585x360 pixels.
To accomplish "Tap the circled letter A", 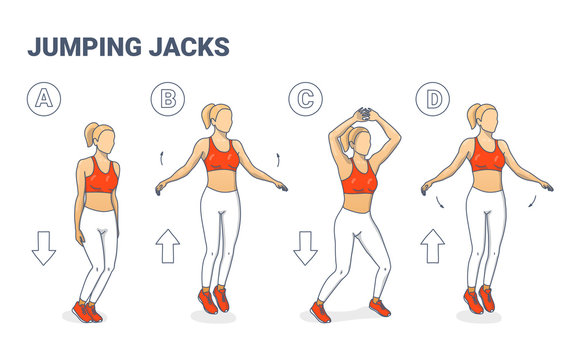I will [43, 97].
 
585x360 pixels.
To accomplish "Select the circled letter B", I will [168, 97].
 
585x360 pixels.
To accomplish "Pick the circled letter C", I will [304, 97].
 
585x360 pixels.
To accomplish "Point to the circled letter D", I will [433, 97].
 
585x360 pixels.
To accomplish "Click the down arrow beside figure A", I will [44, 247].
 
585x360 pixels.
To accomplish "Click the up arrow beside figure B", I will [168, 245].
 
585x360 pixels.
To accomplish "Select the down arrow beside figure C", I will [305, 247].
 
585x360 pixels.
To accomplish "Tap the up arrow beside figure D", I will [433, 245].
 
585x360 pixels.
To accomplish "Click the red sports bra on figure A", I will [100, 177].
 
